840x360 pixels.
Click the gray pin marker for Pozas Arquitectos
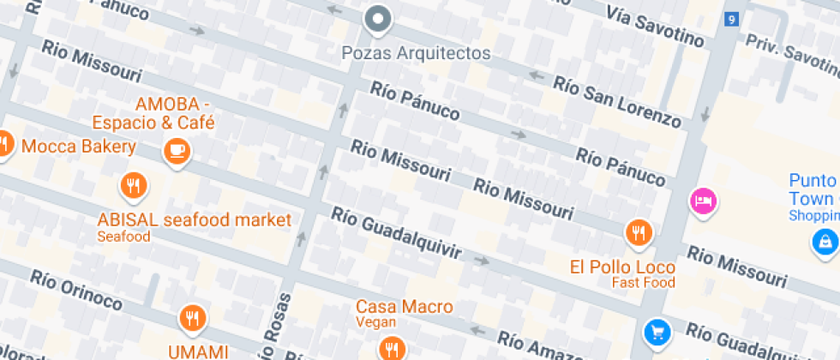point(377,19)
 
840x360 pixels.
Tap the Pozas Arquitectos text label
point(416,53)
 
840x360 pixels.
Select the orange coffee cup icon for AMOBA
point(177,151)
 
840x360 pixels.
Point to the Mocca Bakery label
point(79,147)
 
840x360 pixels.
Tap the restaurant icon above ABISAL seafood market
point(133,185)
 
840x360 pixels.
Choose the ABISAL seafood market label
point(194,219)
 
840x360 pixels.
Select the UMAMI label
point(198,351)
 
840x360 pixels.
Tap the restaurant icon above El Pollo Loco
point(639,231)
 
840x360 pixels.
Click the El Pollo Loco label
point(622,267)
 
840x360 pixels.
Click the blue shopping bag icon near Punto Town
point(825,241)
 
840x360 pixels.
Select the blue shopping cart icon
point(657,331)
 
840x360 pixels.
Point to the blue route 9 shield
point(730,19)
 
